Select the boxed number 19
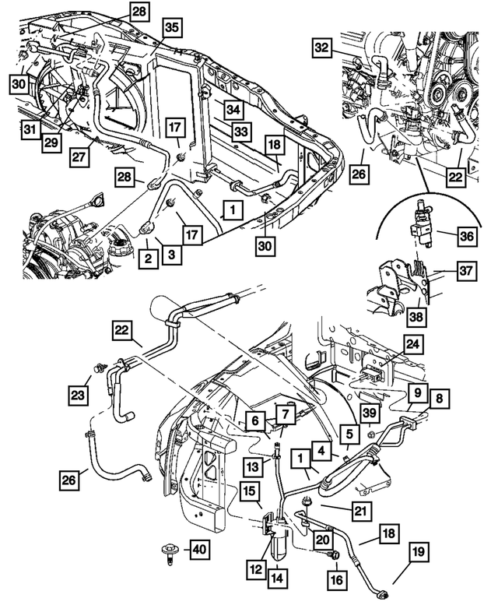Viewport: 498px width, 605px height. pyautogui.click(x=418, y=554)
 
